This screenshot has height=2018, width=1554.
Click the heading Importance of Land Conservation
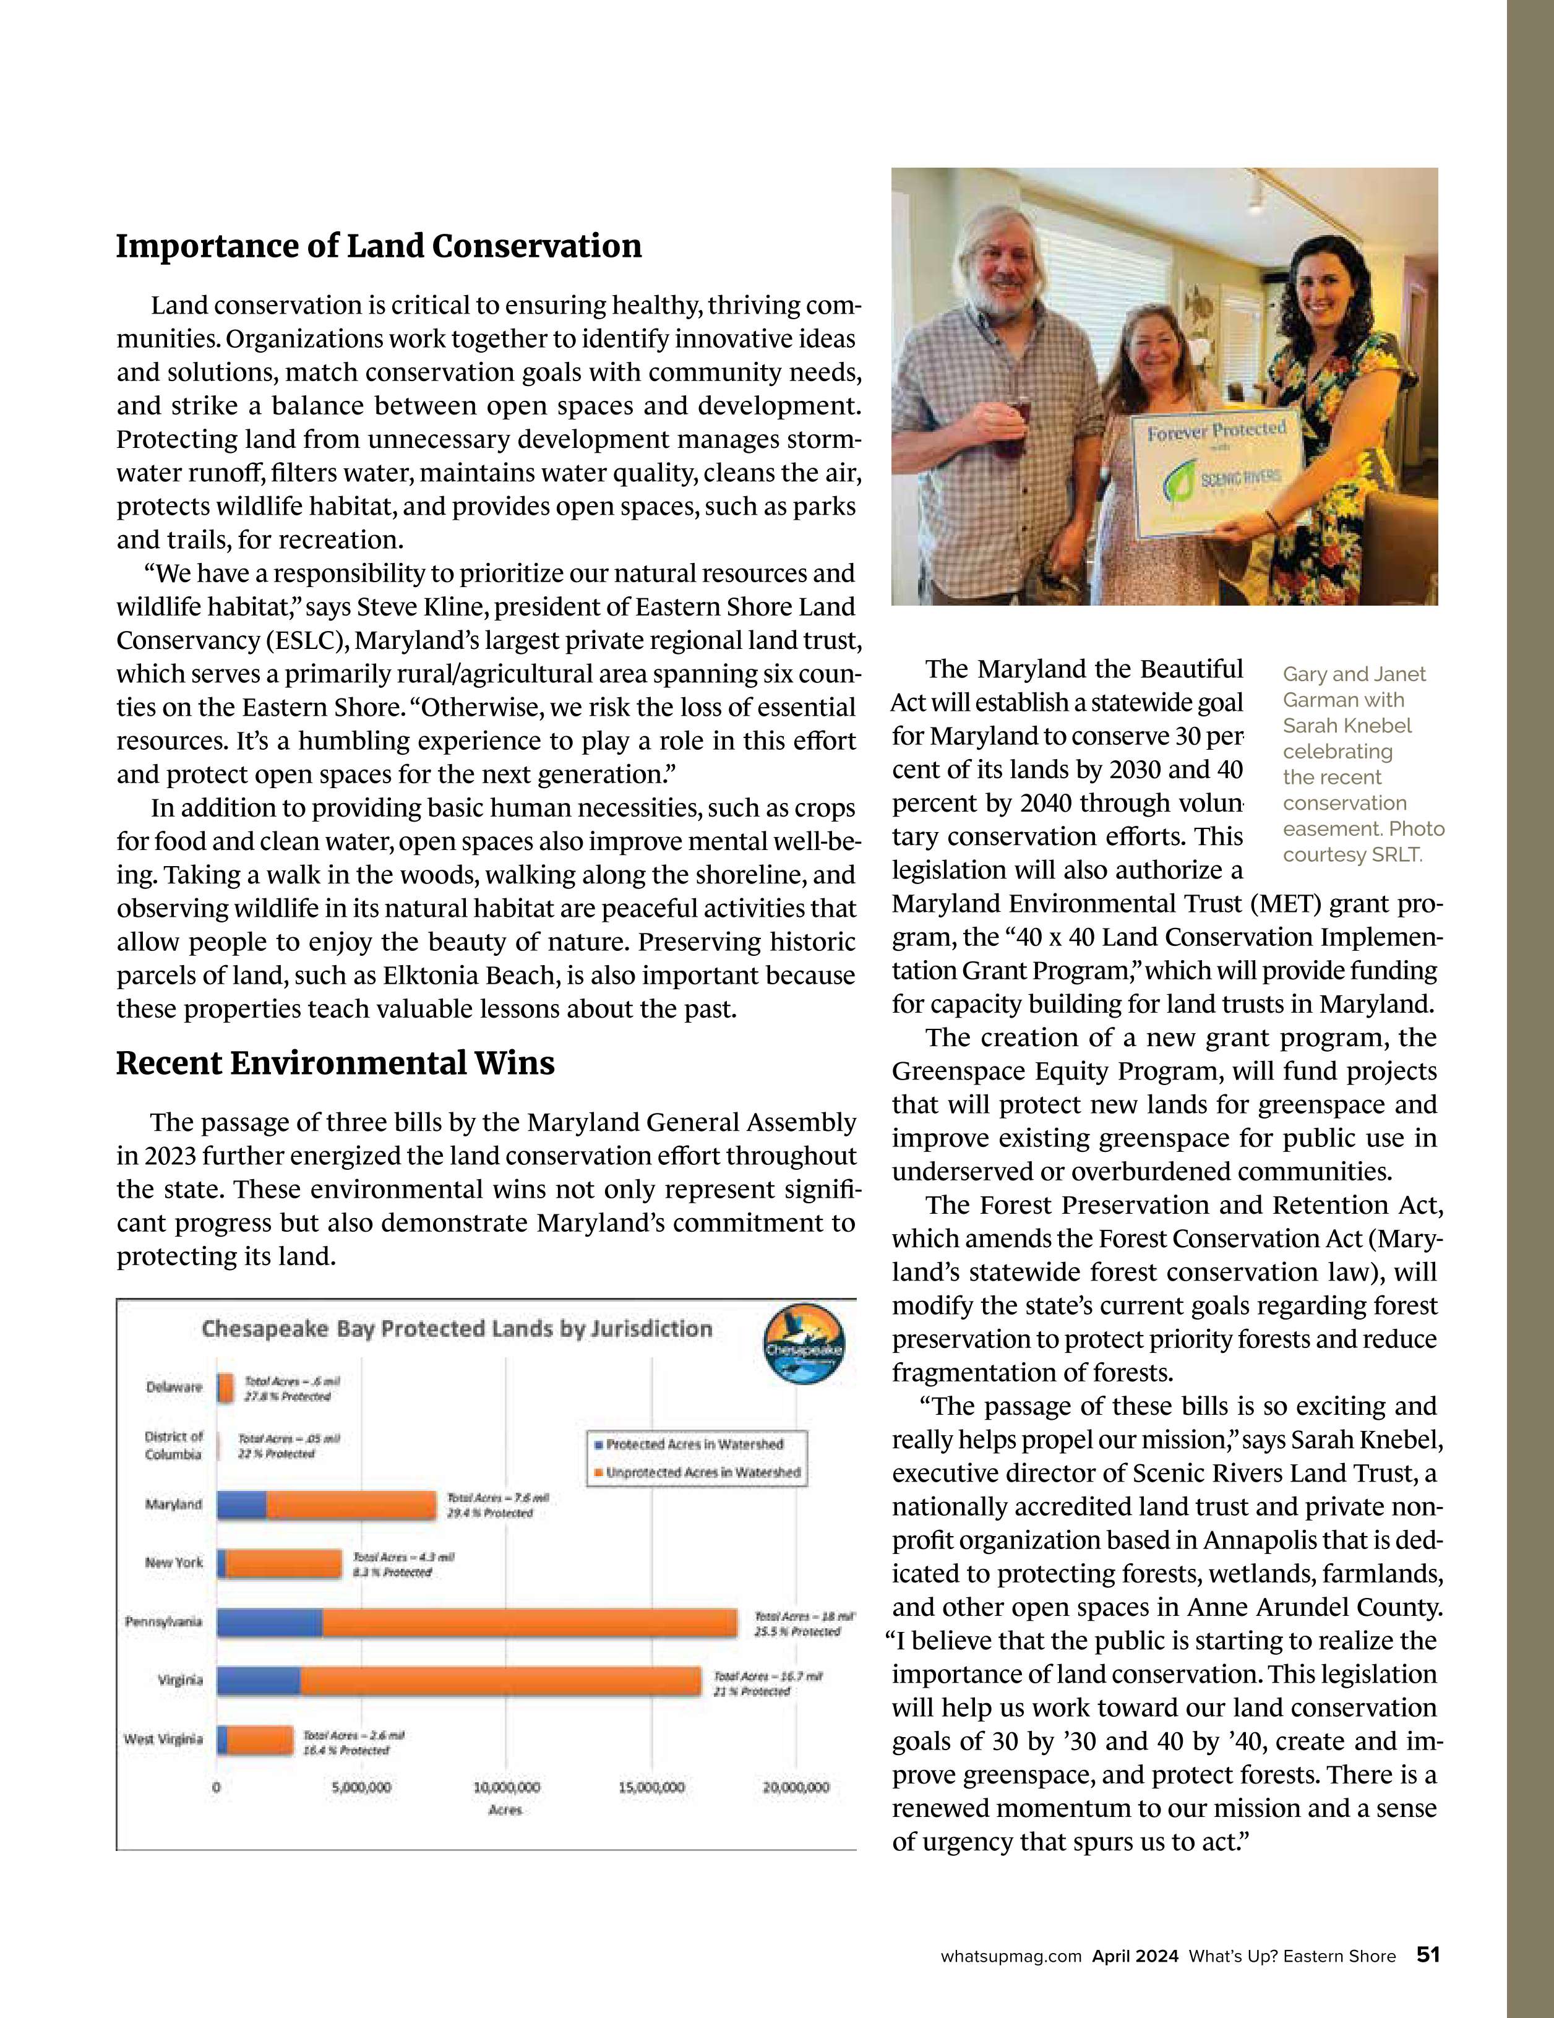click(x=379, y=247)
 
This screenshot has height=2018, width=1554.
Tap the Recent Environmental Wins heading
click(x=335, y=1063)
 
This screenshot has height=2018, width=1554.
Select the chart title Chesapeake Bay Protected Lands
click(x=457, y=1329)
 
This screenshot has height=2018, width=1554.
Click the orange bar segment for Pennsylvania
click(x=530, y=1623)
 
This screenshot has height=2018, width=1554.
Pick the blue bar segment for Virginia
click(x=259, y=1681)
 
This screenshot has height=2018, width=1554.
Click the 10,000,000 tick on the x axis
click(x=506, y=1787)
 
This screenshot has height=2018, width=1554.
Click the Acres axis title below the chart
click(x=505, y=1810)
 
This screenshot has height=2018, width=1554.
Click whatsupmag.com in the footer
click(x=1011, y=1956)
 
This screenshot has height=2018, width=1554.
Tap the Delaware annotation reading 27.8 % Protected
click(x=287, y=1396)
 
